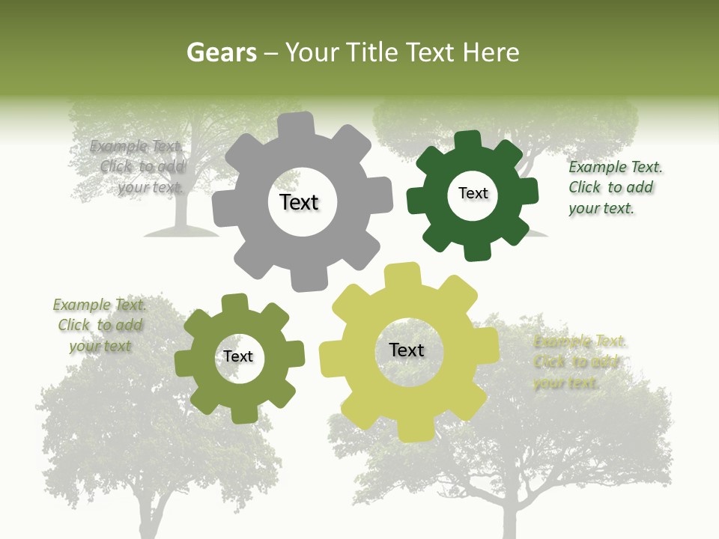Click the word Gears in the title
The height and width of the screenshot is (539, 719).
[x=222, y=52]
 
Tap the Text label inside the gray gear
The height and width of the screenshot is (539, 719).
[x=299, y=202]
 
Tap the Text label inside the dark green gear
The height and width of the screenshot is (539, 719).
[x=473, y=193]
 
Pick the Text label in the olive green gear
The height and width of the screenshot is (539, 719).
[x=238, y=356]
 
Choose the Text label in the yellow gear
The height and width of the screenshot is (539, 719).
[x=407, y=350]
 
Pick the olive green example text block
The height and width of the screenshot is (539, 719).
[x=100, y=325]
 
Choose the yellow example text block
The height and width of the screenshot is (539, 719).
[x=579, y=362]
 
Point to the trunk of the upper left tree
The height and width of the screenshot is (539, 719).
[x=180, y=213]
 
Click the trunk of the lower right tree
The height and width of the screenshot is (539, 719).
[x=509, y=517]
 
